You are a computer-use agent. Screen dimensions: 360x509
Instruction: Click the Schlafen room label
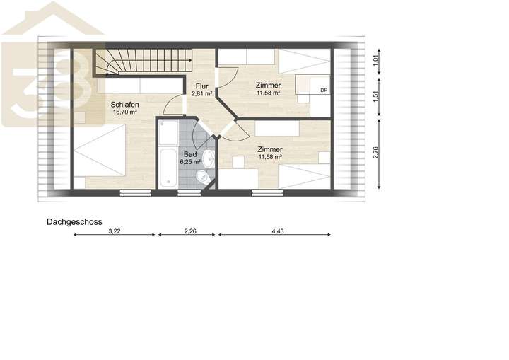pyautogui.click(x=124, y=105)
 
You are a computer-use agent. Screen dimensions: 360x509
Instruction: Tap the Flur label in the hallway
pyautogui.click(x=201, y=86)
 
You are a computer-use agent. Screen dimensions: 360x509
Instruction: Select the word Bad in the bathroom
pyautogui.click(x=190, y=153)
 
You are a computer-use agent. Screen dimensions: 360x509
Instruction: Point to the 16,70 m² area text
pyautogui.click(x=124, y=112)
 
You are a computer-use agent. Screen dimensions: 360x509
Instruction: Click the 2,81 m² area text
pyautogui.click(x=201, y=93)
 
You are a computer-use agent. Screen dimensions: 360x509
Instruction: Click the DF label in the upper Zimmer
pyautogui.click(x=323, y=90)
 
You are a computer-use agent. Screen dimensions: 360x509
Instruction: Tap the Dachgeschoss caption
pyautogui.click(x=74, y=221)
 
